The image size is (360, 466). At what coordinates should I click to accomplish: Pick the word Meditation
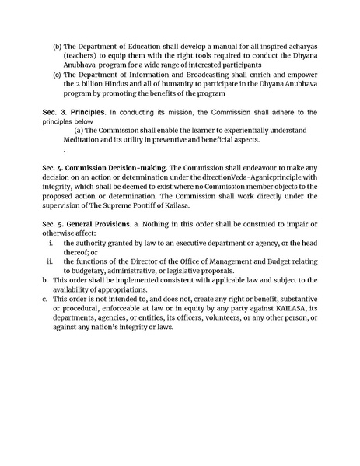pyautogui.click(x=95, y=139)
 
